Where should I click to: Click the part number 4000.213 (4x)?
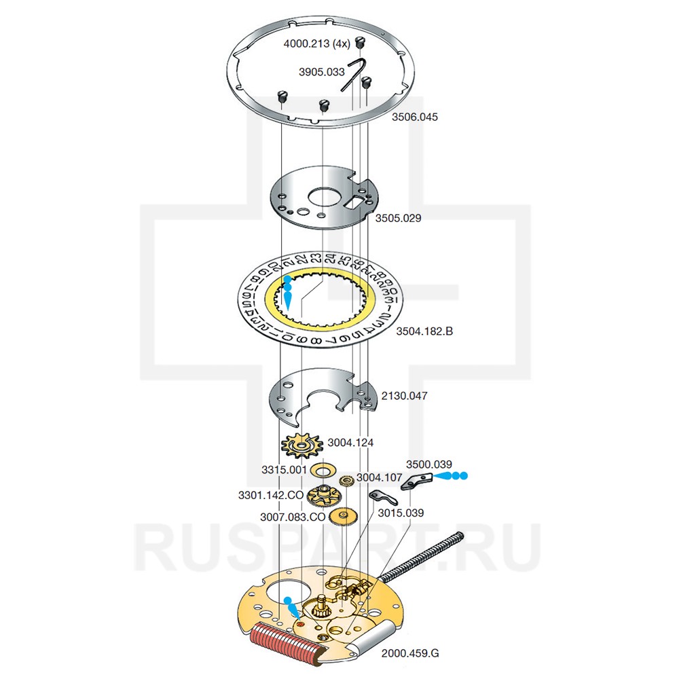[316, 43]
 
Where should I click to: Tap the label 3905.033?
[322, 71]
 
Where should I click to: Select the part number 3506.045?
[415, 117]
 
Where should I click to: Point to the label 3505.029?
[399, 219]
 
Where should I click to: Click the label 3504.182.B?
[424, 331]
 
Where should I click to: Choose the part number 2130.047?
[405, 395]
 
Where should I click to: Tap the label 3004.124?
[350, 443]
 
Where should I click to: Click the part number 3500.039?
[429, 464]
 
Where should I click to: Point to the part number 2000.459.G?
[410, 653]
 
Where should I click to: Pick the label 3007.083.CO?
[292, 517]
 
